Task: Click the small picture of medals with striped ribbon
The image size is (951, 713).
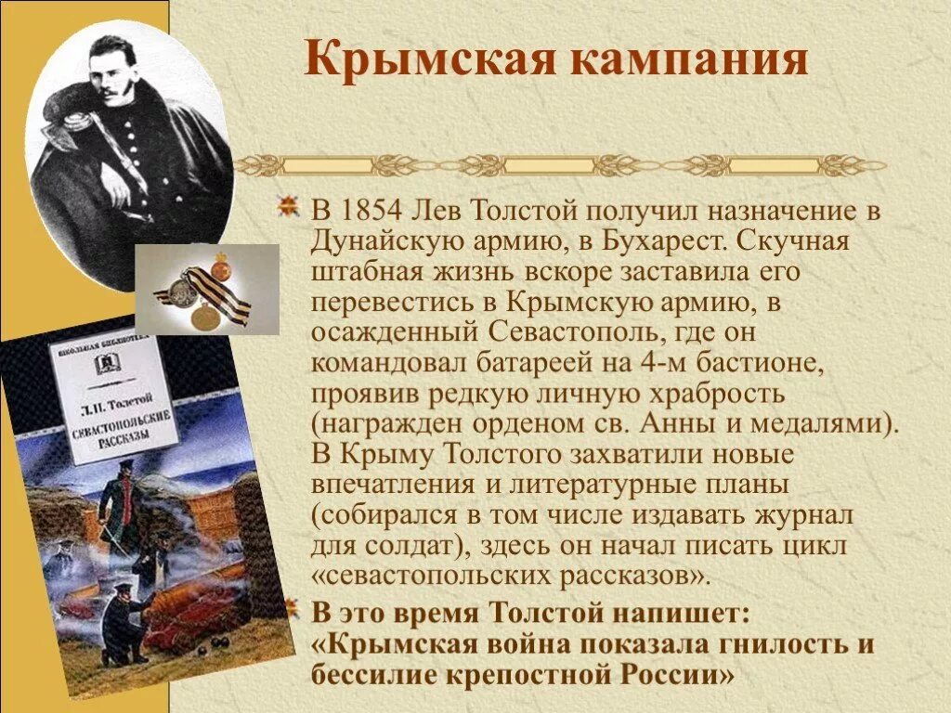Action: (207, 289)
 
